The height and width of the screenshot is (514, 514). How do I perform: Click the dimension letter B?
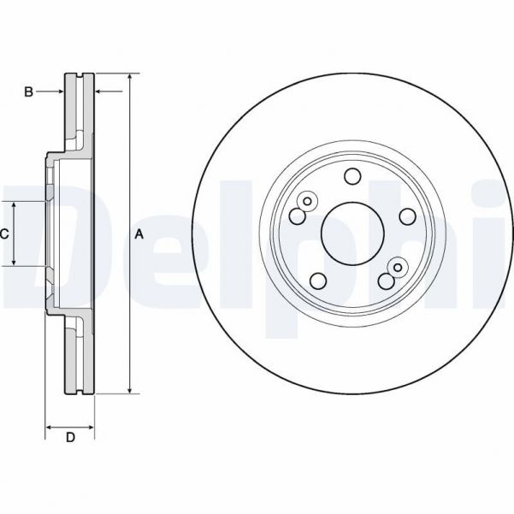(x=27, y=92)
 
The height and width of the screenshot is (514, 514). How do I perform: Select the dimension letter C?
(x=4, y=233)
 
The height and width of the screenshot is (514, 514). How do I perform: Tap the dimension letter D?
(x=70, y=438)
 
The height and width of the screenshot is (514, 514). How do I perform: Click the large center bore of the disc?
(x=351, y=232)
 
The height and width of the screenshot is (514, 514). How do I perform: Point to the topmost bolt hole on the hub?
(x=352, y=176)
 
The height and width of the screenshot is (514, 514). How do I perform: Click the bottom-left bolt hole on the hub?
(x=317, y=281)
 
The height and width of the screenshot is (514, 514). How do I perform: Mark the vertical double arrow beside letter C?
(x=15, y=233)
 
